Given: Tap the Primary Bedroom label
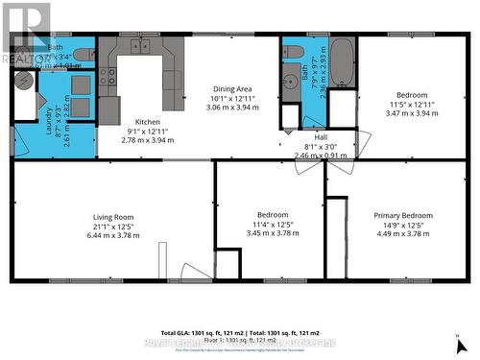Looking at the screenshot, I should [404, 216].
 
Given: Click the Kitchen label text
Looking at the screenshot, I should [147, 122].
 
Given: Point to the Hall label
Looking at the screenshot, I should [307, 136].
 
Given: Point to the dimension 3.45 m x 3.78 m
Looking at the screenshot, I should [269, 233].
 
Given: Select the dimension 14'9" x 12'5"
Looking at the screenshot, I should [404, 225].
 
